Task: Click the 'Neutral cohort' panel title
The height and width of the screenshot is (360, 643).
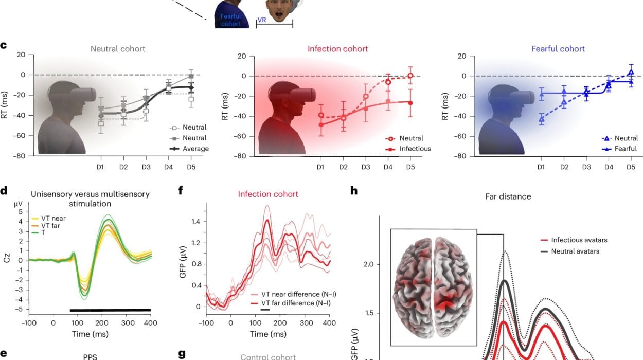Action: (118, 49)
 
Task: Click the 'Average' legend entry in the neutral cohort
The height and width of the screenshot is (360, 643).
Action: (199, 149)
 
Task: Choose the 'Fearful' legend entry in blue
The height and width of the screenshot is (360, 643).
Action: (626, 149)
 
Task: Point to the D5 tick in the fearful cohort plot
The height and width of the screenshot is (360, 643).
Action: (631, 167)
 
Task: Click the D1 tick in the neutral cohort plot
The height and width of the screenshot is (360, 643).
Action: (101, 167)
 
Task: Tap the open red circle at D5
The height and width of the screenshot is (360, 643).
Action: (410, 76)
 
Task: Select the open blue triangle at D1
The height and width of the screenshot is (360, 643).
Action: (541, 119)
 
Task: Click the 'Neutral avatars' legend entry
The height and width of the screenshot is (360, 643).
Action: (575, 251)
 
